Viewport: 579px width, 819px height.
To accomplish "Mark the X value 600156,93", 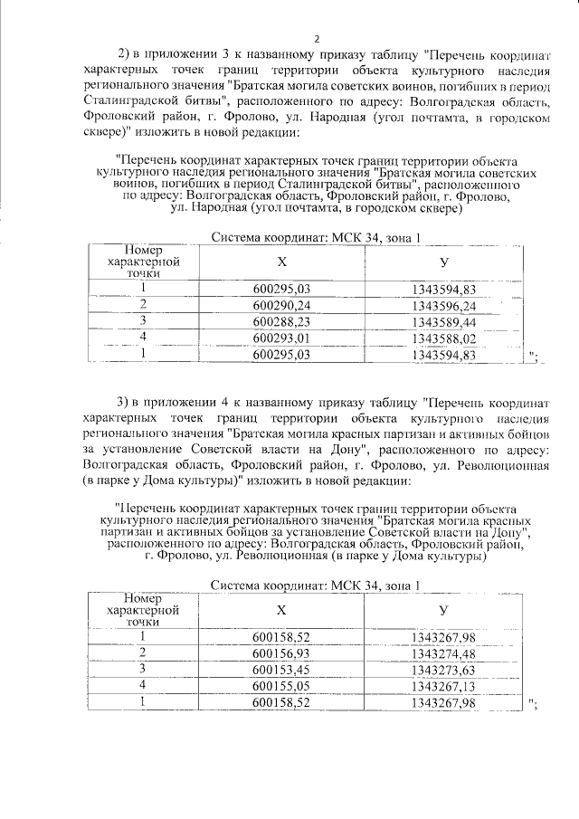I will (x=282, y=653).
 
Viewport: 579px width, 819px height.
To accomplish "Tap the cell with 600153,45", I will (x=282, y=670).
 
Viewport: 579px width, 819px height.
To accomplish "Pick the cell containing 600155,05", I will (x=282, y=686).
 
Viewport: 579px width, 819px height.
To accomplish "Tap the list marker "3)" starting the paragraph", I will (x=126, y=401).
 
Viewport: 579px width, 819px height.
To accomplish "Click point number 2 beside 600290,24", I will (x=142, y=305).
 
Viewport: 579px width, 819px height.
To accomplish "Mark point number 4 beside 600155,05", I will (x=142, y=686).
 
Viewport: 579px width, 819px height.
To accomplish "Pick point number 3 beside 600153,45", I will (x=142, y=670).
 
